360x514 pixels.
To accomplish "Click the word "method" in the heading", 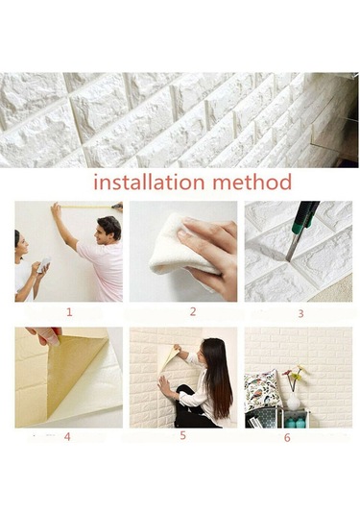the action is click(x=252, y=182).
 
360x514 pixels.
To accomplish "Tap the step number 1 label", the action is click(x=69, y=312).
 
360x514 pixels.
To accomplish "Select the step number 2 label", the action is click(x=193, y=311).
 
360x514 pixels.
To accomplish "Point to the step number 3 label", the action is click(x=300, y=314).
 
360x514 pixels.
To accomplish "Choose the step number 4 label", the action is click(x=67, y=436).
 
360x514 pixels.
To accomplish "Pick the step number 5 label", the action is click(x=182, y=435).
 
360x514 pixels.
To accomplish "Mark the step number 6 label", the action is click(x=287, y=438).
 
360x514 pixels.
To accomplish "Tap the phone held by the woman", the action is click(x=44, y=264).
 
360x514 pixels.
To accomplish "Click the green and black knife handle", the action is click(x=305, y=217).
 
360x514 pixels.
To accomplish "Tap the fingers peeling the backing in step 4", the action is click(x=45, y=335).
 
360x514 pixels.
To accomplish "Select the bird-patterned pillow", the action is click(x=262, y=390).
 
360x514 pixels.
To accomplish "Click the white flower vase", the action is click(x=293, y=402).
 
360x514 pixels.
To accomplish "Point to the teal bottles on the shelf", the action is click(x=295, y=422).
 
